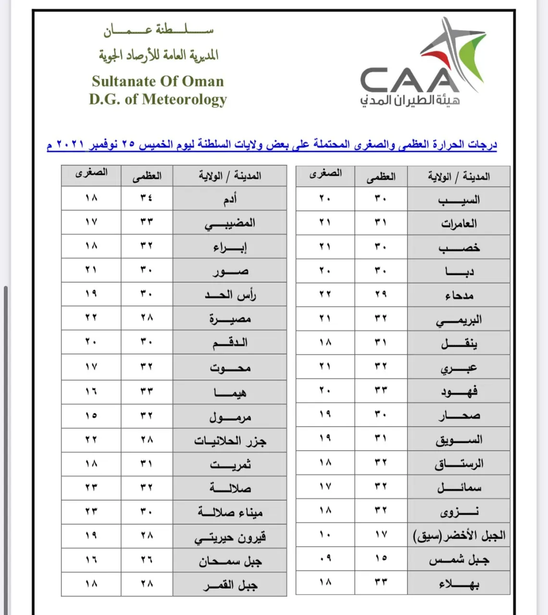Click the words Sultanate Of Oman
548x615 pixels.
[x=158, y=81]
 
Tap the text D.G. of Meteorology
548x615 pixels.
[x=158, y=100]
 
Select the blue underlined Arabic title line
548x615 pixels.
[x=272, y=144]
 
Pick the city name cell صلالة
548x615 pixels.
[x=230, y=488]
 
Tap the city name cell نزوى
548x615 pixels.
[x=459, y=512]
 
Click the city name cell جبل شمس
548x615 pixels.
[x=459, y=560]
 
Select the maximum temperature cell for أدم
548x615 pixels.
[x=147, y=198]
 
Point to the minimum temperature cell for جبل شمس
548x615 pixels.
[x=325, y=558]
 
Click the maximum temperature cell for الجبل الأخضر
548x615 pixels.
[x=381, y=534]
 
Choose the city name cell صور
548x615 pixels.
[x=230, y=271]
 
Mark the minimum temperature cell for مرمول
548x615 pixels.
[x=91, y=415]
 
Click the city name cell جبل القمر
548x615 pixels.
[x=230, y=585]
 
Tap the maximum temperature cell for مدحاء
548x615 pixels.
[x=381, y=294]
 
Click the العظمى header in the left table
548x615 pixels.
[x=147, y=176]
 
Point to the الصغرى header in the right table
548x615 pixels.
[x=325, y=174]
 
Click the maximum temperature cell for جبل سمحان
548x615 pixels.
[x=147, y=560]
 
